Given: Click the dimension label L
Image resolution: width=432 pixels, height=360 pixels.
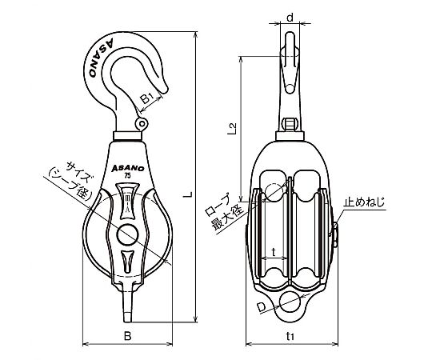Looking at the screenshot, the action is pos(188,194).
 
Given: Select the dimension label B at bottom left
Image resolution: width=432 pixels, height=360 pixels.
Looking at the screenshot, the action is pos(127,336).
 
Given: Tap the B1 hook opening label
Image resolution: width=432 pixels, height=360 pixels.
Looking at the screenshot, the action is pos(147,98).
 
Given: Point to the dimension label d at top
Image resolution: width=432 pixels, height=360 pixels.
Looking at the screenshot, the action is pos(290,18).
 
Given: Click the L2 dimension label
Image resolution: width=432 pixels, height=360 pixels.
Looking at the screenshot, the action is pos(232,129).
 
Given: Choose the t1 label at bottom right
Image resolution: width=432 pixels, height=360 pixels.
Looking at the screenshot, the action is pos(290,336).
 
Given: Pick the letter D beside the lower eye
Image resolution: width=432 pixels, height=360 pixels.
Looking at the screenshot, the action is pos(262,307).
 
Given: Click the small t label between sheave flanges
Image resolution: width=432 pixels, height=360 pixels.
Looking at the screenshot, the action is pos(274,252).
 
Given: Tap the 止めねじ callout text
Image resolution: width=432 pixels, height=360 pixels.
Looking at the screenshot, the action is pos(364,202).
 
